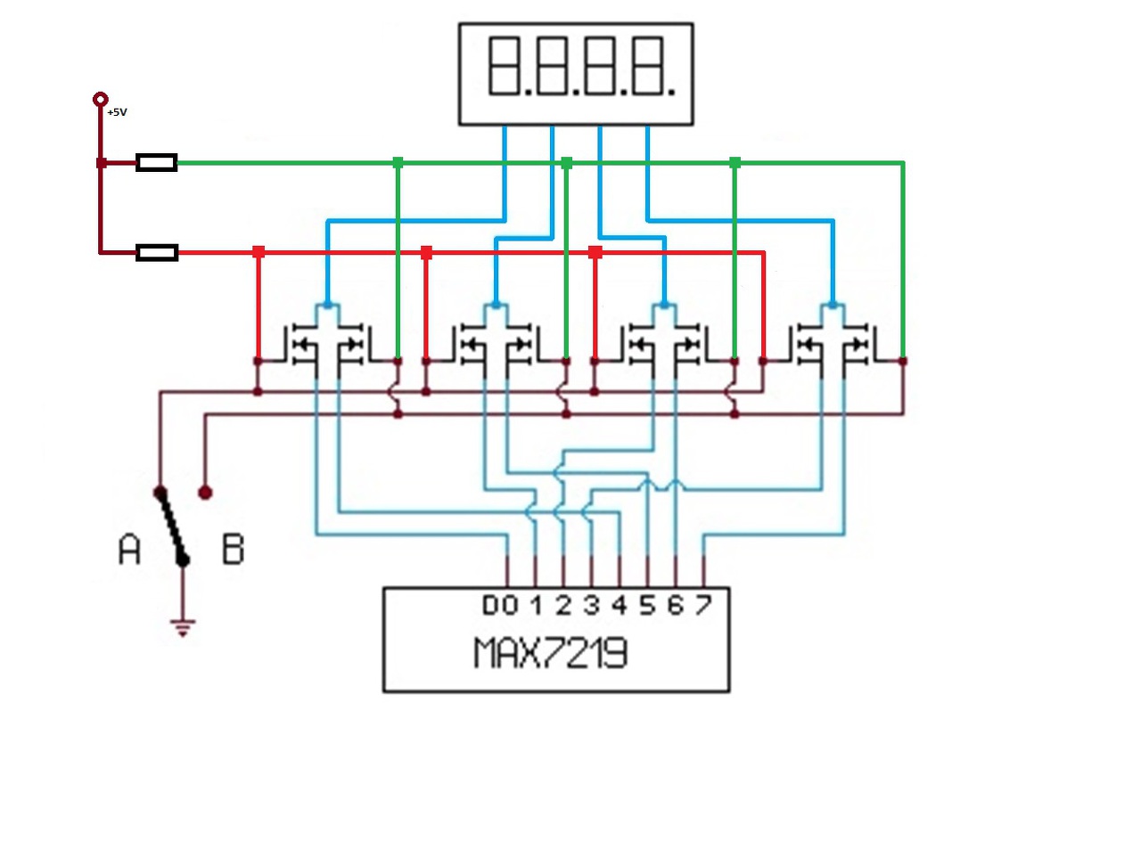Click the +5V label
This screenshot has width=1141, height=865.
117,111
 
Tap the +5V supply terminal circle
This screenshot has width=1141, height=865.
101,99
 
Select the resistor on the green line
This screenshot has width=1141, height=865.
157,162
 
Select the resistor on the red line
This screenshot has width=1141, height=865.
157,252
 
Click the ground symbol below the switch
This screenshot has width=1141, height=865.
183,627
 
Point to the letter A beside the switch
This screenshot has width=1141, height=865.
129,549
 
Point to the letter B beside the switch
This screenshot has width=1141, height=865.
233,549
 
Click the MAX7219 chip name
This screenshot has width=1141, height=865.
551,653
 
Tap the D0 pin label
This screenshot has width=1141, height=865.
500,605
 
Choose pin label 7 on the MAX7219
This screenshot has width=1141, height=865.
703,605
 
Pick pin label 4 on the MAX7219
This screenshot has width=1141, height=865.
620,605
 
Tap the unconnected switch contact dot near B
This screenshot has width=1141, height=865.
205,493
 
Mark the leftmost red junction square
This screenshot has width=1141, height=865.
259,252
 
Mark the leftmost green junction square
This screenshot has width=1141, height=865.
398,163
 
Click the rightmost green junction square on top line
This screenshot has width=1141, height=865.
735,163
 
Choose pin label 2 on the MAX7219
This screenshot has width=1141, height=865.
563,605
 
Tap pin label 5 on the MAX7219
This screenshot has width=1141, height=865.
647,605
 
